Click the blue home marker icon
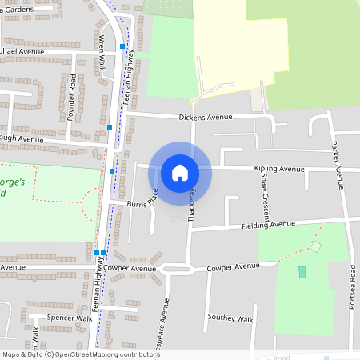coord(180,172)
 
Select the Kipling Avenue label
coord(279,169)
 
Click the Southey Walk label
coord(230,318)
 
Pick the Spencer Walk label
coord(70,318)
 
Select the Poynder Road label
coord(71,97)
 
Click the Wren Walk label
coord(102,53)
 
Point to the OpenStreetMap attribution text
coord(81,354)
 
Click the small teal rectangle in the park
coord(302,273)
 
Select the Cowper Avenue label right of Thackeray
coord(234,266)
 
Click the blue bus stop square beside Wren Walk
coord(122,47)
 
